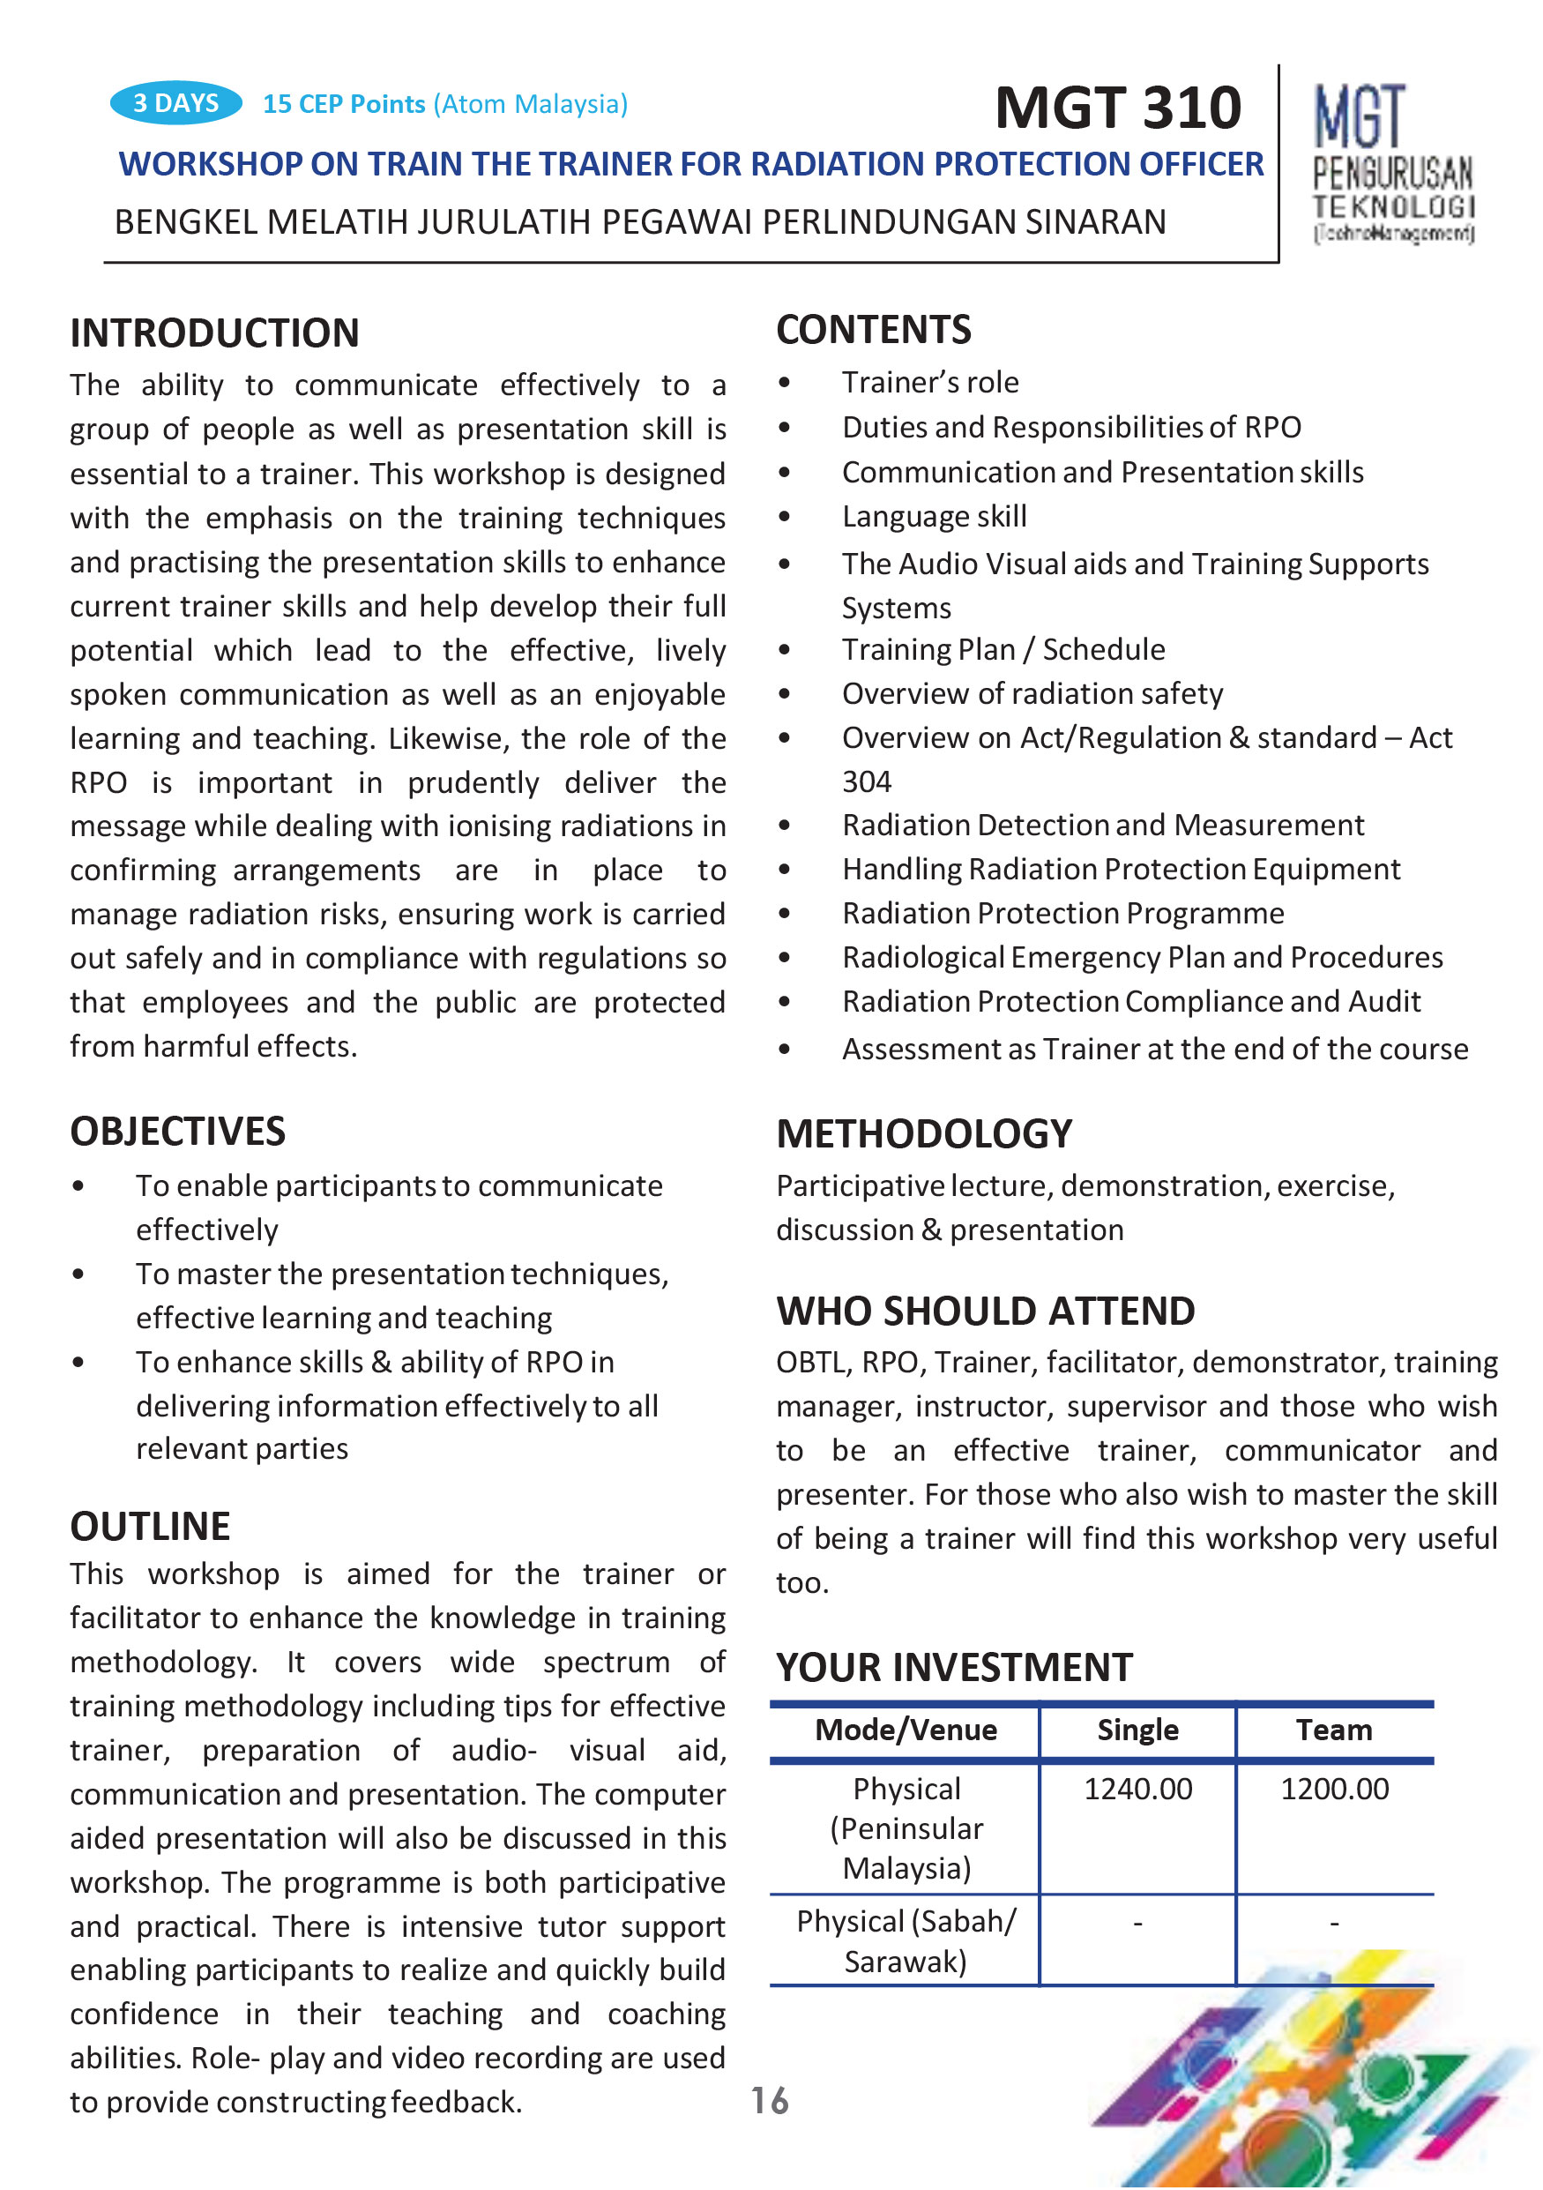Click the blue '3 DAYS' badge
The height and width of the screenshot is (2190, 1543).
175,103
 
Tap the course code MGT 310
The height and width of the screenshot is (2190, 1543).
1117,107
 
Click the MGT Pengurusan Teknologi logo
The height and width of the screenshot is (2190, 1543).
1392,163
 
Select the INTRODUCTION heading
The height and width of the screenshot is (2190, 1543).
214,333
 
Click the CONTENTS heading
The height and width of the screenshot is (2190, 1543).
873,330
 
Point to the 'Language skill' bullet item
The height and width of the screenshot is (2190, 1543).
934,516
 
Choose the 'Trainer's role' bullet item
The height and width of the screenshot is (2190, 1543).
930,383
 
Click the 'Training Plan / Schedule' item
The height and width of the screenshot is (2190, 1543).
1003,649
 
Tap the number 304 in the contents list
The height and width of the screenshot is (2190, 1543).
866,782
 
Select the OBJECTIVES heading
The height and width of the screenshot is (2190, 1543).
177,1132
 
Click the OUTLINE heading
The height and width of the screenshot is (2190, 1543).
150,1526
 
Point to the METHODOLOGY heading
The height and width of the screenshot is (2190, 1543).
923,1134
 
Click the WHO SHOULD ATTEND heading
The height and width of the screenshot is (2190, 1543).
984,1312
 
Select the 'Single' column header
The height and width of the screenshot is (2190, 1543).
1137,1730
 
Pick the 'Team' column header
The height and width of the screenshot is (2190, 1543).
1333,1730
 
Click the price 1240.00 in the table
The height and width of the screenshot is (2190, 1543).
1137,1790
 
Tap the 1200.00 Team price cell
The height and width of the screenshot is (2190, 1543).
1333,1790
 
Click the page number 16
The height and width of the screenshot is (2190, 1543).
769,2100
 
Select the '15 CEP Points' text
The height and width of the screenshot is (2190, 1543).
343,104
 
